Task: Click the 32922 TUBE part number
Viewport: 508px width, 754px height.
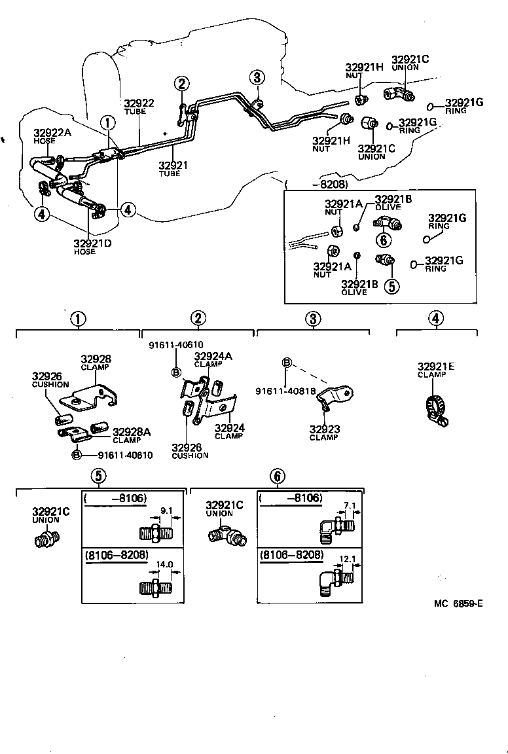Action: coord(139,103)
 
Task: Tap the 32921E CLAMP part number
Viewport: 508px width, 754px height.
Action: coord(432,367)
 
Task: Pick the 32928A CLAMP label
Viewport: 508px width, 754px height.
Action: coord(132,431)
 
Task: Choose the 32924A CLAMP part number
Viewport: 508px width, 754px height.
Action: coord(213,357)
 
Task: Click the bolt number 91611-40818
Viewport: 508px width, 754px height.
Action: coord(286,391)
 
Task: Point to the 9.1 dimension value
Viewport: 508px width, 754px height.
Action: coord(167,512)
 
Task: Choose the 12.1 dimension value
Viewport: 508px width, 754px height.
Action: coord(348,560)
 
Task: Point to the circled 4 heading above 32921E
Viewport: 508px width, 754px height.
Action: coord(436,318)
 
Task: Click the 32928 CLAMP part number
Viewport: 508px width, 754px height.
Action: coord(96,359)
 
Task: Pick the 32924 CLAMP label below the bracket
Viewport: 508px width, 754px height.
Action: coord(229,428)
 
